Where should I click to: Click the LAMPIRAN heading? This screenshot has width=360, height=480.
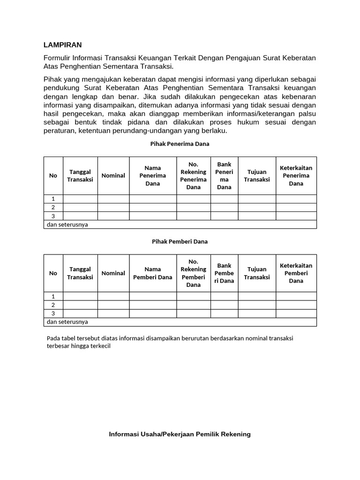coord(62,45)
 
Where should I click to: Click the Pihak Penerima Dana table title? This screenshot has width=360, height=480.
coord(180,144)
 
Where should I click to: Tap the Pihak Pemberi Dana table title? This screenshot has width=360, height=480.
coord(180,241)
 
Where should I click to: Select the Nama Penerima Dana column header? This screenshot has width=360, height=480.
coord(153,176)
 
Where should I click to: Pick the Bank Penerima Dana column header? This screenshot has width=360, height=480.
coord(224,176)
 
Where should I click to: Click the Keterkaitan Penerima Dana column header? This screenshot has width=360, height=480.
coord(296,176)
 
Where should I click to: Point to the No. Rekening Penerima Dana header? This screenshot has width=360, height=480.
coord(193,176)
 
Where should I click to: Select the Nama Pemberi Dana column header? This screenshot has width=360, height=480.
coord(153,273)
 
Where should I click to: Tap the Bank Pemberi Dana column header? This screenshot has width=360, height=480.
coord(224,273)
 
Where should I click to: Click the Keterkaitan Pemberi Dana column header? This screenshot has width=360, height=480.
coord(296,273)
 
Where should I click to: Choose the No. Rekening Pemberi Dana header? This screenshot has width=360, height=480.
coord(193,273)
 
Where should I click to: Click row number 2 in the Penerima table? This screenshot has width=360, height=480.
coord(53,208)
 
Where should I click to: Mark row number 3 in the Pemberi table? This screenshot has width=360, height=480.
coord(53,314)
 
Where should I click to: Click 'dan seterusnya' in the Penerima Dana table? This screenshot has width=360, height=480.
coord(67,225)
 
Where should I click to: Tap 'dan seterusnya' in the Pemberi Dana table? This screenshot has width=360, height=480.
coord(67,322)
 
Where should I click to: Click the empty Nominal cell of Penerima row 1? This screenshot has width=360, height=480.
coord(113,199)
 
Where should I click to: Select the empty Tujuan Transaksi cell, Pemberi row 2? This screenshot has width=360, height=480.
coord(257,305)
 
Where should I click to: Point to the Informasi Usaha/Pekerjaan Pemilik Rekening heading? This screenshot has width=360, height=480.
coord(180,434)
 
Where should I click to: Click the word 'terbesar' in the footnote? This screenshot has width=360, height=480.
coord(59,347)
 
